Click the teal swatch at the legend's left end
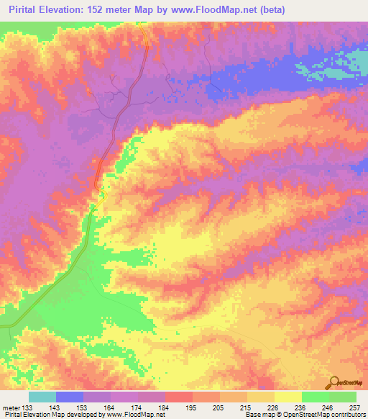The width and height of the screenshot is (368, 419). pos(42,397)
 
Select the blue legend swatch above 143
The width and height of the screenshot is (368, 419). pos(70,397)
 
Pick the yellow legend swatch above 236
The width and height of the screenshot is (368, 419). pos(288,397)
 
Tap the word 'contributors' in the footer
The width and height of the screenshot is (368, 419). pos(346,415)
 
